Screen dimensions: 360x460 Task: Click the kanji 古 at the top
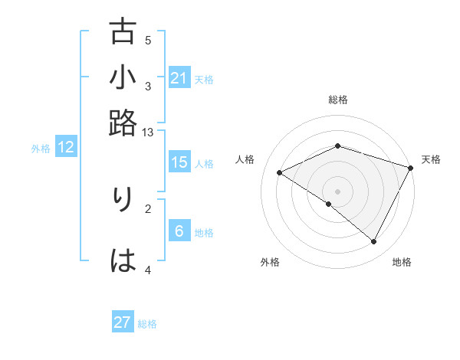coord(123,33)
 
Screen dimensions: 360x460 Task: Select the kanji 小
coord(123,77)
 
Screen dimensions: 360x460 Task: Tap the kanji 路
coord(123,123)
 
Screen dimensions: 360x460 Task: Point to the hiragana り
coord(123,200)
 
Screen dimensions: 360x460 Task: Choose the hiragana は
coord(123,260)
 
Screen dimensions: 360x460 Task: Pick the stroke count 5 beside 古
coord(148,40)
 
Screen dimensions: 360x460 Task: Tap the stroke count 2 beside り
coord(148,208)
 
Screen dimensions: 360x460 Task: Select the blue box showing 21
coord(179,78)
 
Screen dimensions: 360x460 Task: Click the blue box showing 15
coord(179,162)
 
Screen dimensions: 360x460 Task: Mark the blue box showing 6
coord(179,231)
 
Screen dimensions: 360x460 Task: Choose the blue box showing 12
coord(66,148)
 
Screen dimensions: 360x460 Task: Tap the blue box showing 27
coord(123,322)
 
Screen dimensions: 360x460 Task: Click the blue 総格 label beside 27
coord(148,324)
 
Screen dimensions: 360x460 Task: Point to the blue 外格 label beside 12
coord(41,149)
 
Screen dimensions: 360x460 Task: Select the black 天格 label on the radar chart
coord(431,159)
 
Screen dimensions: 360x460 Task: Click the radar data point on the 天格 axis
coord(411,169)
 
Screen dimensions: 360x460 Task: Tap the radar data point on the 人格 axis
coord(280,173)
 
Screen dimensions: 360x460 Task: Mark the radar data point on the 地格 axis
coord(374,242)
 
